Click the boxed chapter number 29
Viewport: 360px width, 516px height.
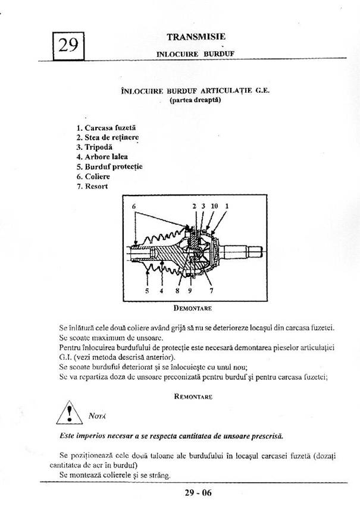click(x=68, y=46)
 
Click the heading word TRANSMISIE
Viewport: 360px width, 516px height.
click(x=196, y=37)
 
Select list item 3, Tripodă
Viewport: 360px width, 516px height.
click(x=95, y=147)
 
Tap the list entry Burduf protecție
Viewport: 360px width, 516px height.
click(x=109, y=166)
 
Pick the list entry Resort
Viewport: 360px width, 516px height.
click(x=92, y=186)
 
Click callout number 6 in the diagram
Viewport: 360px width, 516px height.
click(x=134, y=206)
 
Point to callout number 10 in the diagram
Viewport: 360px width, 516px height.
click(x=214, y=206)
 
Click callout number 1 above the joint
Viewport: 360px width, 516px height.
click(x=227, y=206)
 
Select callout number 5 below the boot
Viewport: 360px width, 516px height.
click(x=147, y=291)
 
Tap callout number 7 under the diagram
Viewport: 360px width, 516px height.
click(x=211, y=291)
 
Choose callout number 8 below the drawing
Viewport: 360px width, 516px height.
click(x=177, y=291)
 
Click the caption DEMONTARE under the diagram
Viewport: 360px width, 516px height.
click(x=193, y=309)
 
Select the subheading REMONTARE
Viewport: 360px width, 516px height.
click(x=193, y=397)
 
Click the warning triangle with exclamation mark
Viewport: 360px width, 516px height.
click(x=69, y=413)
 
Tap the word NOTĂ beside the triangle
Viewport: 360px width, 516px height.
click(x=97, y=416)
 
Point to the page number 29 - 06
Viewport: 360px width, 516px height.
click(x=198, y=493)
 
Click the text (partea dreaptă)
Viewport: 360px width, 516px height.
click(x=195, y=100)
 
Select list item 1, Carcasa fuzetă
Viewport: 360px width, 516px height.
click(x=106, y=128)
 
